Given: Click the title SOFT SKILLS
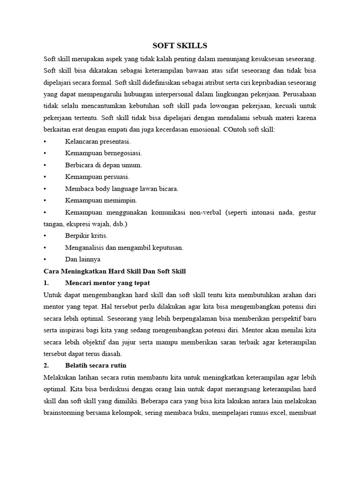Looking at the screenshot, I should (x=180, y=45).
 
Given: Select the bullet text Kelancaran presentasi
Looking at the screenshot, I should (x=98, y=141).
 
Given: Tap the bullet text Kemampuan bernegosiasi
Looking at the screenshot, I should (x=104, y=153).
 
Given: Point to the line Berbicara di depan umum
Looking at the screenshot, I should (x=104, y=165).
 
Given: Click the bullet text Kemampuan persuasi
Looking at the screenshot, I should (x=97, y=177).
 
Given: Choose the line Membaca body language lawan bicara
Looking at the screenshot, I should (x=122, y=188).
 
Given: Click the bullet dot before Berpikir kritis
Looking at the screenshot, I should (x=45, y=236).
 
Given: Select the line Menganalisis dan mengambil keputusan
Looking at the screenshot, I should (x=124, y=247).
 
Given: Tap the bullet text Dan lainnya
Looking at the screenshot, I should (x=82, y=259).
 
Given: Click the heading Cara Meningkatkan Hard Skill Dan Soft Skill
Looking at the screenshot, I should (x=115, y=271).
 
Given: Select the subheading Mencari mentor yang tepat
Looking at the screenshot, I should (x=108, y=283).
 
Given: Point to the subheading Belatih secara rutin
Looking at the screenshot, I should (x=96, y=365).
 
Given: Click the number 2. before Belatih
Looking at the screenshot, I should (x=46, y=365).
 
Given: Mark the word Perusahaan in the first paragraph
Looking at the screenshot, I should (x=299, y=94).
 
